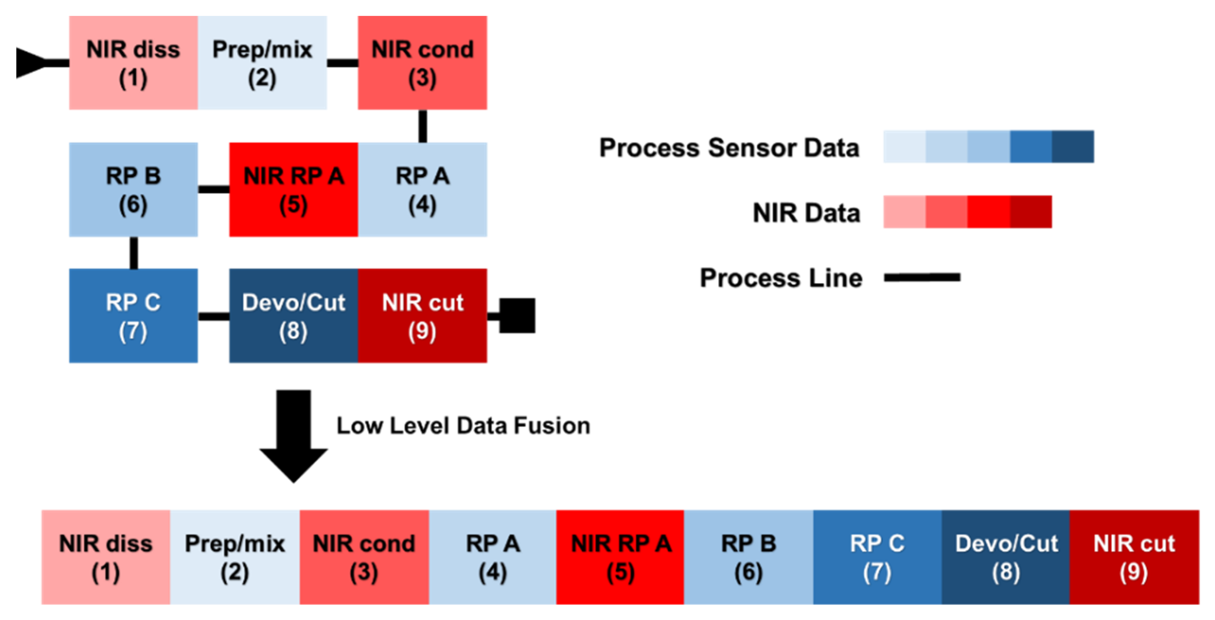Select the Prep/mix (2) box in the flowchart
(x=262, y=63)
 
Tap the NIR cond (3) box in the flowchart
(x=422, y=63)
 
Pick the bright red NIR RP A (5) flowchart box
(x=293, y=189)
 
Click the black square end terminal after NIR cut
(x=517, y=315)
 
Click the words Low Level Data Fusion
(x=463, y=426)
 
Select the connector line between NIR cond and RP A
(x=423, y=126)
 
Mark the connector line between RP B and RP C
(x=134, y=252)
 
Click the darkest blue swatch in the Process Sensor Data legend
(x=1073, y=147)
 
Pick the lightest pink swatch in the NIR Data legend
(x=904, y=212)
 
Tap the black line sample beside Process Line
(x=922, y=277)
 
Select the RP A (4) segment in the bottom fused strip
(x=492, y=557)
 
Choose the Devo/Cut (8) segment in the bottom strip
(x=1006, y=557)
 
